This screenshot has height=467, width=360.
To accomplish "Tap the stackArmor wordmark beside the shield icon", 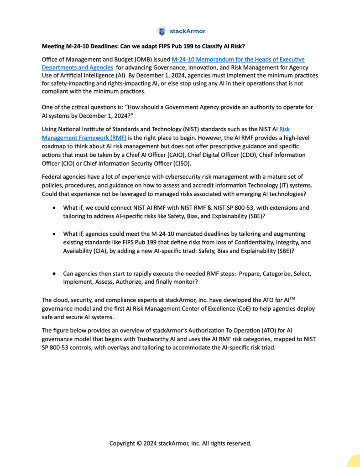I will (187, 31).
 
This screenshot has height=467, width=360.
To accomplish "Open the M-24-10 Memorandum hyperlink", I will (238, 59).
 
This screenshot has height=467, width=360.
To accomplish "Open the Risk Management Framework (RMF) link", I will (84, 137).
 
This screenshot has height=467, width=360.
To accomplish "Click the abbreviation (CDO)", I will (246, 155).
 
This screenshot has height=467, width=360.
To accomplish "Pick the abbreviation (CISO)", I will (183, 163).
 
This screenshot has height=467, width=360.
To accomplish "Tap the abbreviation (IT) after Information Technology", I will (262, 185).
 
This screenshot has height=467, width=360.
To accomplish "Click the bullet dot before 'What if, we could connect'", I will (55, 208).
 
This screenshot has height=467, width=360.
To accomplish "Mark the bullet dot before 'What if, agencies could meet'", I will (55, 234).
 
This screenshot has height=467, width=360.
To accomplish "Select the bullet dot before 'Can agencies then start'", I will (55, 274).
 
